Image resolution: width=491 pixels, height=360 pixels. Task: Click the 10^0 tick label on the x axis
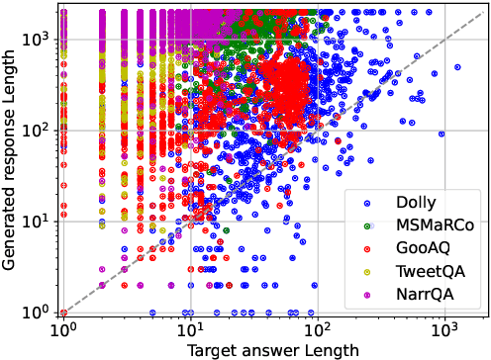63,326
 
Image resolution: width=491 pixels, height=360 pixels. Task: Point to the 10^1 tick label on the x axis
190,326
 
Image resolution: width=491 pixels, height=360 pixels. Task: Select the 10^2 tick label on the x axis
317,326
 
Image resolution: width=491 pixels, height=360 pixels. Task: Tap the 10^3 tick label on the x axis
442,326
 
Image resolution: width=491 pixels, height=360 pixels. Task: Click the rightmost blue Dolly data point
457,67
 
